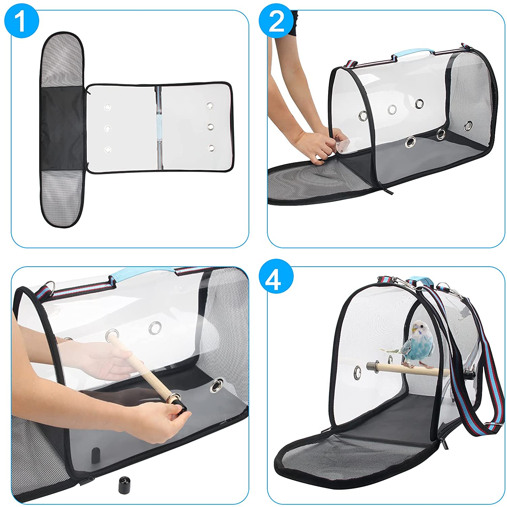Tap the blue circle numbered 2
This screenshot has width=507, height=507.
pyautogui.click(x=276, y=21)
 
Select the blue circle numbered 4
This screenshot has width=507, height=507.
pyautogui.click(x=276, y=279)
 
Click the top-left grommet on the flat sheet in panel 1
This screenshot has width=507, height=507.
pyautogui.click(x=108, y=107)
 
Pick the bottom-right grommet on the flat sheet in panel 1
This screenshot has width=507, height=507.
pyautogui.click(x=211, y=148)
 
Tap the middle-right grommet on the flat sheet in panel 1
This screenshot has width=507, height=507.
pyautogui.click(x=211, y=126)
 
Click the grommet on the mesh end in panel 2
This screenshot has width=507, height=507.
pyautogui.click(x=468, y=126)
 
